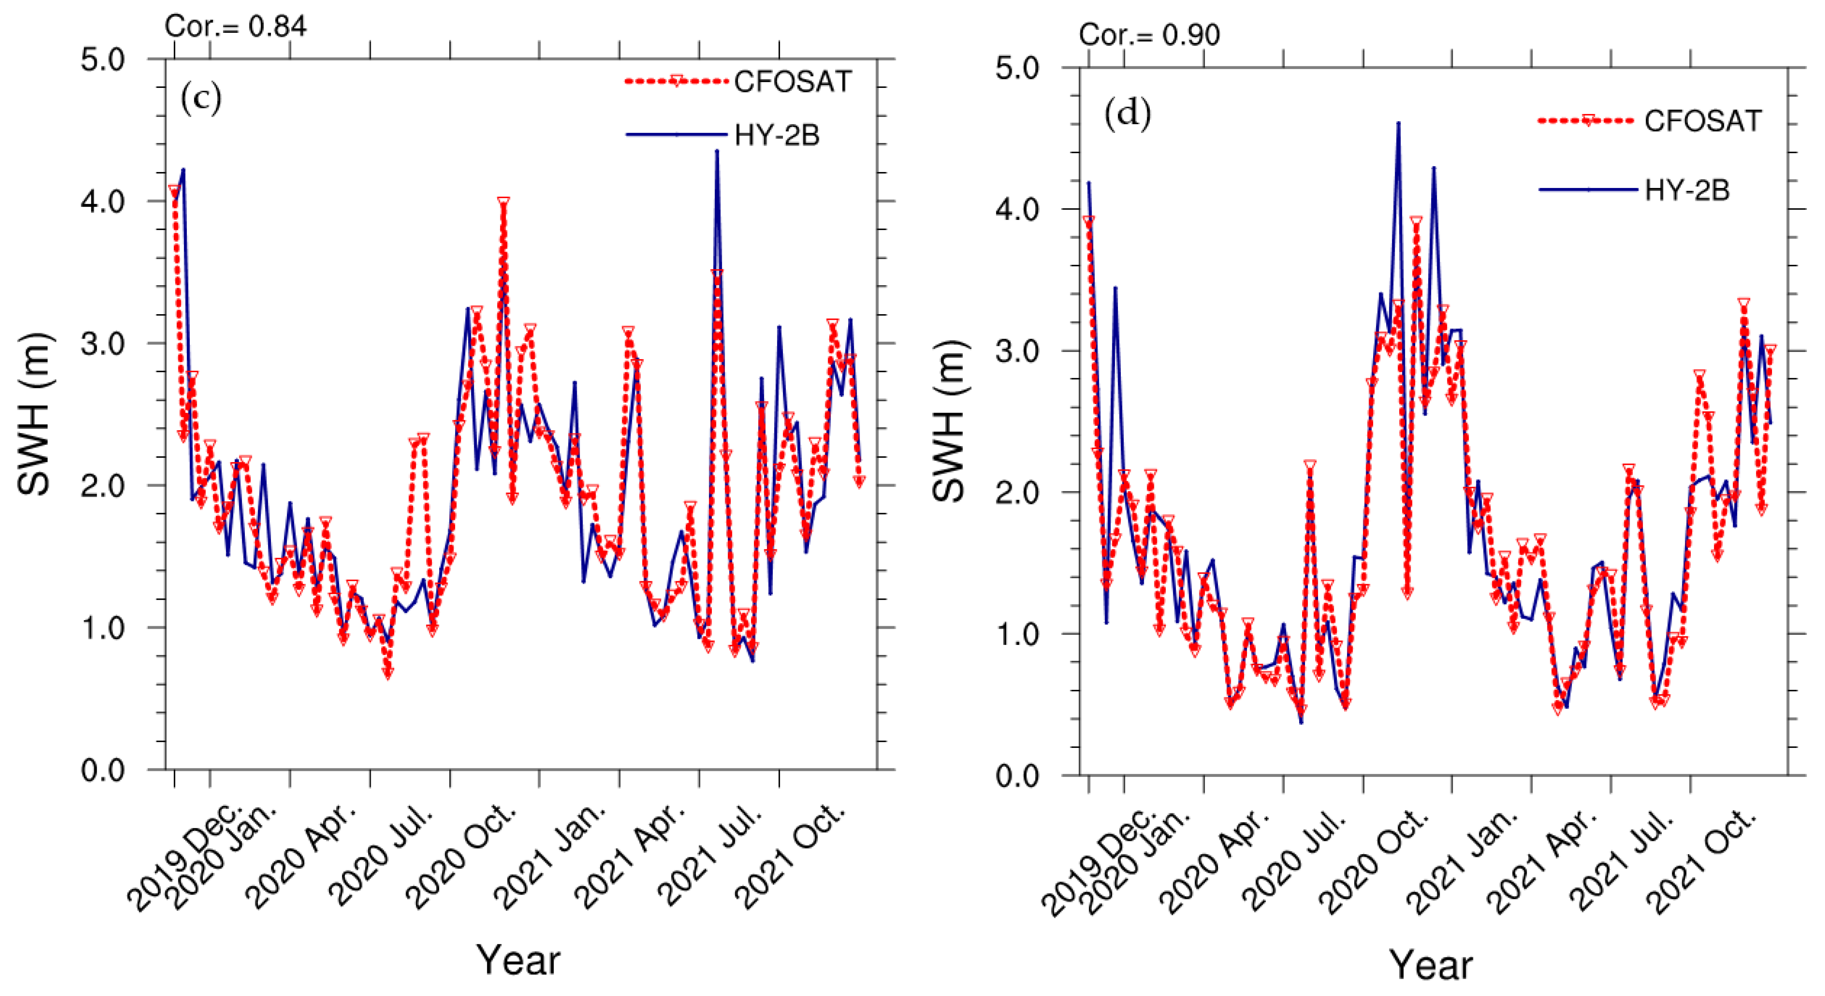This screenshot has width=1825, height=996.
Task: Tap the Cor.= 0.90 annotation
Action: (1149, 35)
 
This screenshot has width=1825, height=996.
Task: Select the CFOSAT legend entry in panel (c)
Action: (792, 82)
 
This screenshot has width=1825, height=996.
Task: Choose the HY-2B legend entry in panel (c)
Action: (777, 135)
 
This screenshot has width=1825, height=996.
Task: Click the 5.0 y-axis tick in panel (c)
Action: (103, 59)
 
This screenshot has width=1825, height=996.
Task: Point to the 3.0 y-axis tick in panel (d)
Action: (1017, 351)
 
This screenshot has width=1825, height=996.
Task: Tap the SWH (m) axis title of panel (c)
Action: (34, 414)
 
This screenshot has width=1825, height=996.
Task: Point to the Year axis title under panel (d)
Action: (1430, 965)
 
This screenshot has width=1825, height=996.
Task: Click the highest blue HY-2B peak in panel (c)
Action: (717, 151)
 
